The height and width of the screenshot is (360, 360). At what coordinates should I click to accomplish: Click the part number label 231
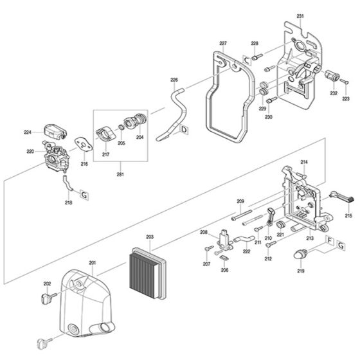(301, 15)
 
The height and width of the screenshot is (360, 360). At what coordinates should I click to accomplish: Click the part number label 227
(222, 44)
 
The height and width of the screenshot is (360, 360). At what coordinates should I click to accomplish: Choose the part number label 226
(174, 80)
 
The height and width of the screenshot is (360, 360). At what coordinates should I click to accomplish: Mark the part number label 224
(28, 132)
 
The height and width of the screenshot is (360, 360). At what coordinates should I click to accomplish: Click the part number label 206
(224, 270)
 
